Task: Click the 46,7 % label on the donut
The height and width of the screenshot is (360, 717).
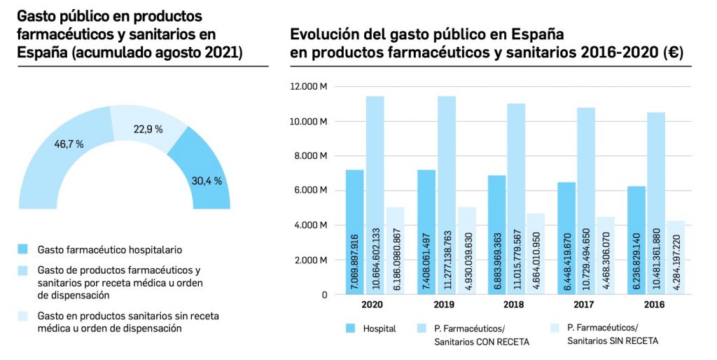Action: click(x=69, y=144)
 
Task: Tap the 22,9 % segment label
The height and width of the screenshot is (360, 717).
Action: click(x=148, y=129)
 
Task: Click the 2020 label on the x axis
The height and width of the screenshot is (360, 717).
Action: click(x=373, y=305)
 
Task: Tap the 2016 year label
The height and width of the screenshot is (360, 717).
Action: click(x=655, y=305)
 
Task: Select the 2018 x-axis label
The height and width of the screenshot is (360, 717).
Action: click(x=514, y=305)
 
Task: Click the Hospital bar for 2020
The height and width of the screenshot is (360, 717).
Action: click(x=354, y=231)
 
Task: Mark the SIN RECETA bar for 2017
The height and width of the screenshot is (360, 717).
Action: click(x=606, y=256)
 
